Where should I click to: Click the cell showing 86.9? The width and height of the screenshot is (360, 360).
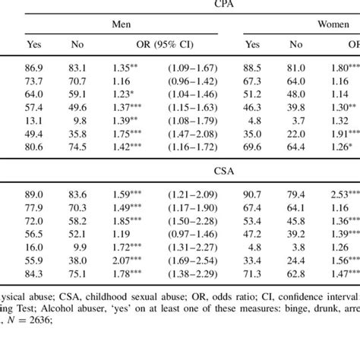[x=33, y=68]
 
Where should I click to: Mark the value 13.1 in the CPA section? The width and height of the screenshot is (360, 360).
[x=33, y=121]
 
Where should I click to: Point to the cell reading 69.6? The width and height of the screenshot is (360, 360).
[x=259, y=148]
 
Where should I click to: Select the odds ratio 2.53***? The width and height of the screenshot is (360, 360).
[x=341, y=194]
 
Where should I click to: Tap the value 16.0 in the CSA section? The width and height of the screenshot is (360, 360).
[x=33, y=248]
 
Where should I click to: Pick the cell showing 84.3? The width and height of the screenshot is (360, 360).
[x=33, y=274]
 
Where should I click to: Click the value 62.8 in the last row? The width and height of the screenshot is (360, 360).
[x=297, y=274]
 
